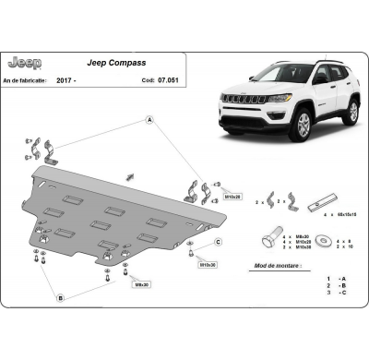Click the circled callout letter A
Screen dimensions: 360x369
[148, 121]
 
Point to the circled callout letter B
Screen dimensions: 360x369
[60, 298]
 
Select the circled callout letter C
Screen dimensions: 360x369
[219, 242]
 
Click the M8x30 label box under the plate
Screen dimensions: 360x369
[142, 284]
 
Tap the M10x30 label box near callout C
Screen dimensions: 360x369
[209, 264]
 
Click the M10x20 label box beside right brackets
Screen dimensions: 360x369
[233, 197]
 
